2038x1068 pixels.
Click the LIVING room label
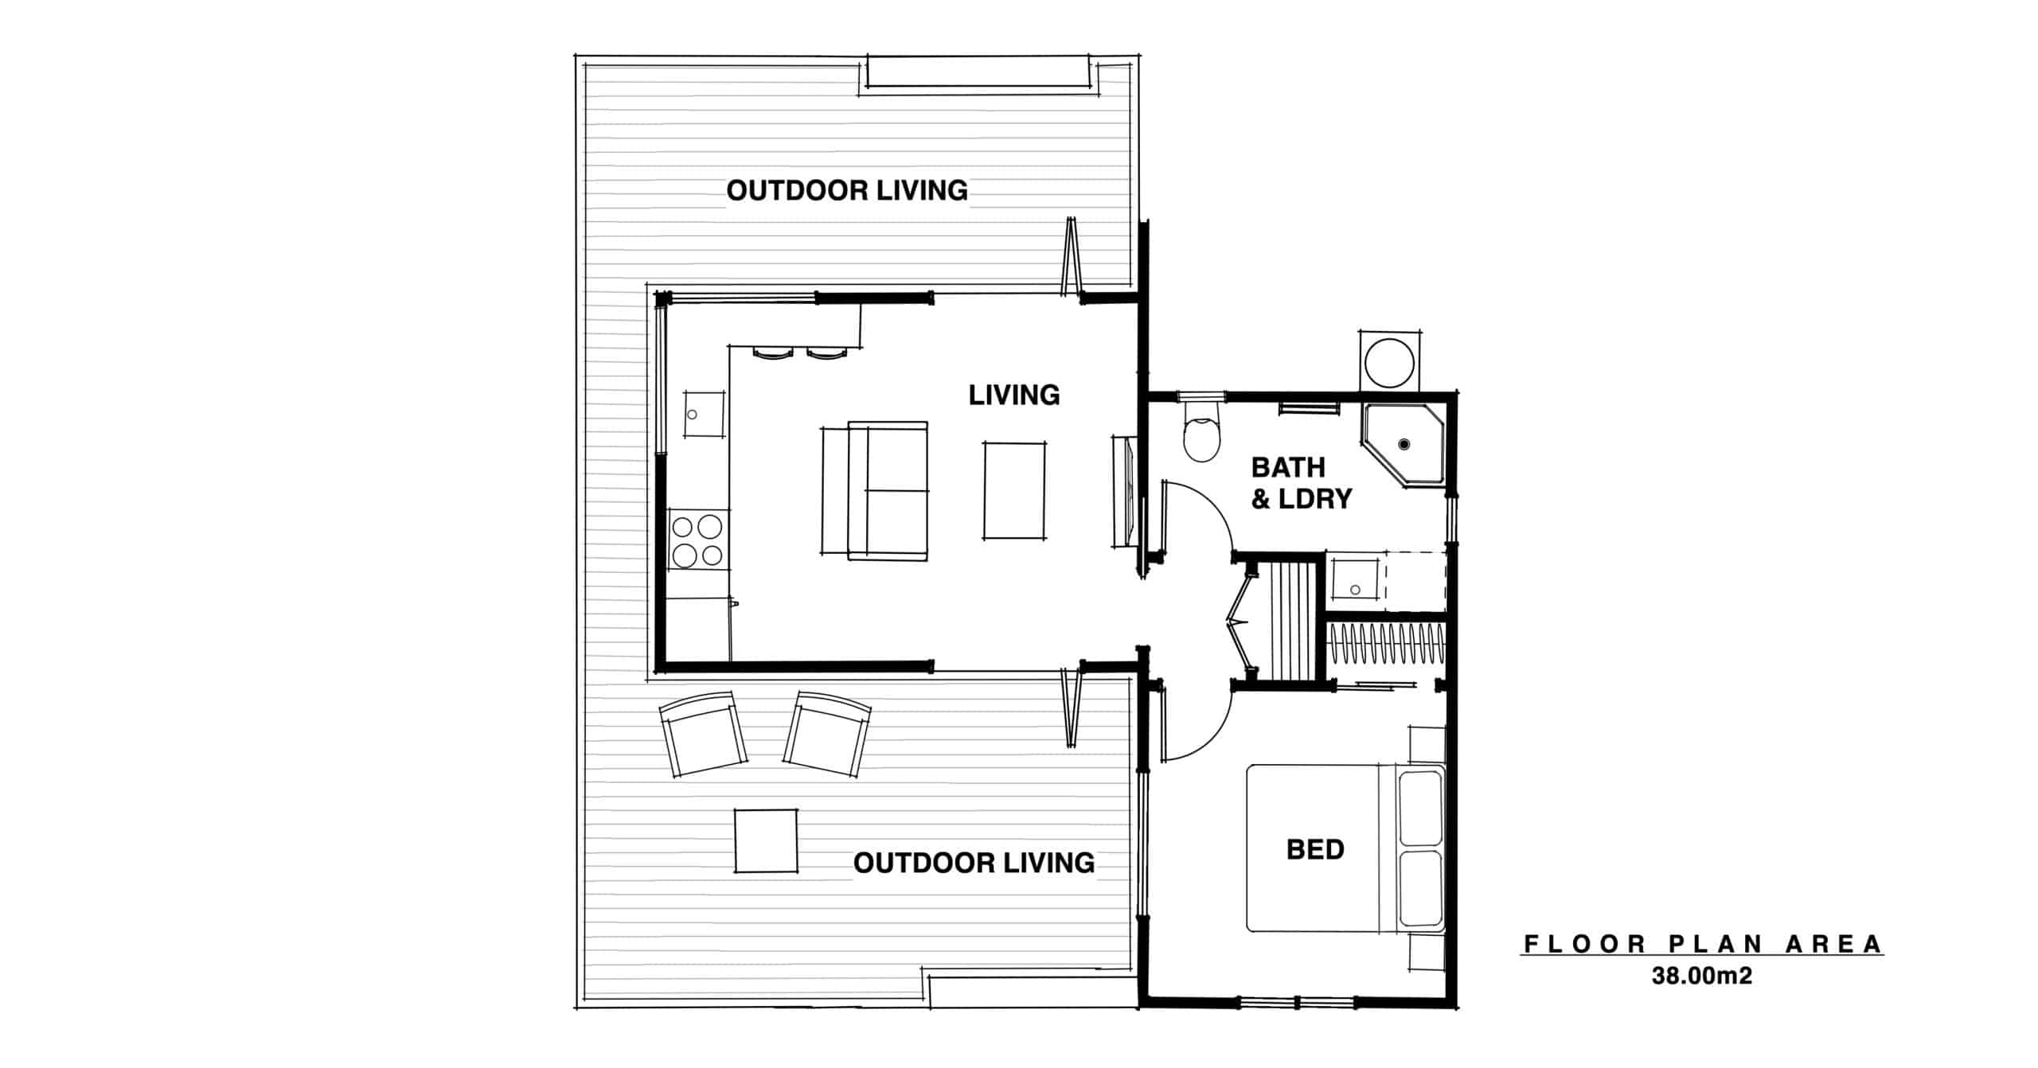tap(1013, 395)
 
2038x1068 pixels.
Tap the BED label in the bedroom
tap(1315, 849)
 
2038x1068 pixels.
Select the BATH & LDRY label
tap(1301, 482)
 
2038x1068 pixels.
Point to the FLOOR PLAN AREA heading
tap(1703, 944)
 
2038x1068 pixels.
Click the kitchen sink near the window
tap(147, 414)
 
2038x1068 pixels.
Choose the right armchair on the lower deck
tap(826, 734)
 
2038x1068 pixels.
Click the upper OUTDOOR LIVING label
tap(847, 190)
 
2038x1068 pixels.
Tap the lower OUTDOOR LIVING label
tap(974, 863)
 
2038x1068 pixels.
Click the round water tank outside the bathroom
tap(1389, 362)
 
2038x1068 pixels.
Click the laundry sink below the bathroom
tap(1355, 579)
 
